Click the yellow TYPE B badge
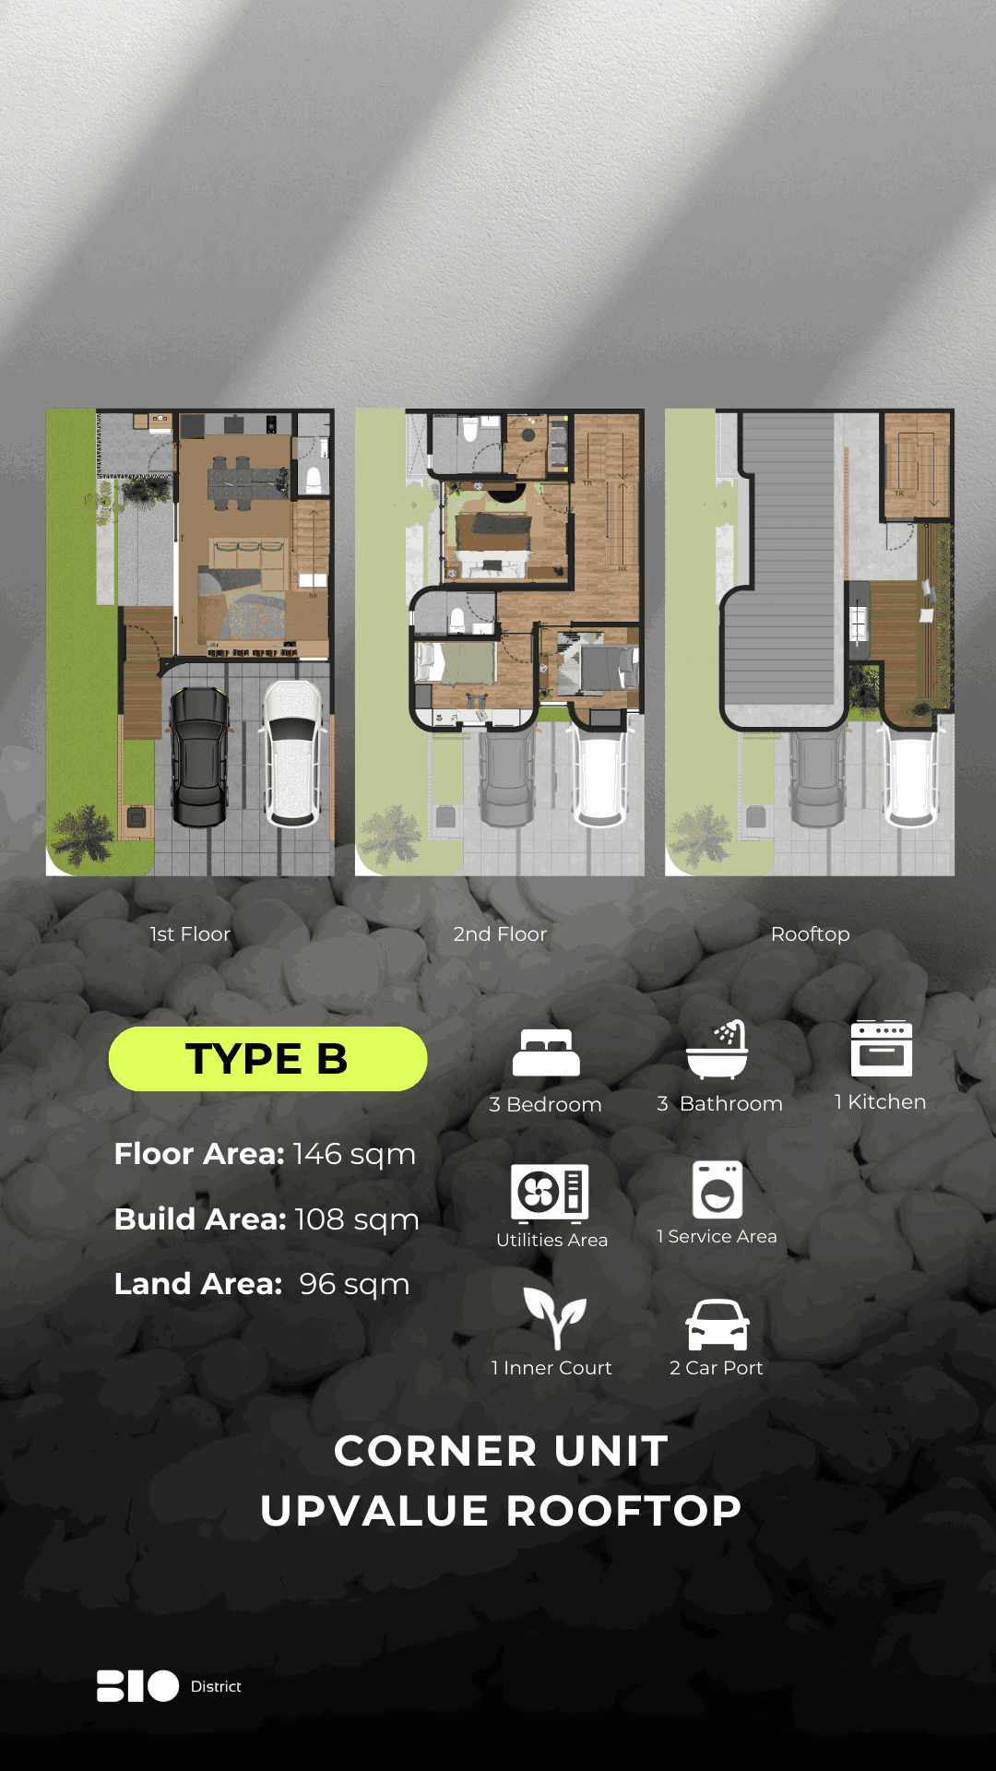click(267, 1058)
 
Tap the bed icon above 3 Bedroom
click(546, 1052)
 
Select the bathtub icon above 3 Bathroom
click(717, 1050)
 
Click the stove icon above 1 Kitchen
click(882, 1049)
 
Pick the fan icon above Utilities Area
click(550, 1192)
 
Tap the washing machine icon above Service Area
click(717, 1190)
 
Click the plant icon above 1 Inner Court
click(554, 1317)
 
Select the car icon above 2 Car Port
click(717, 1325)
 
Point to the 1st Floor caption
click(190, 934)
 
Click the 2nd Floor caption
click(500, 934)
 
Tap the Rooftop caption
click(811, 934)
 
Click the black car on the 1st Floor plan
click(199, 756)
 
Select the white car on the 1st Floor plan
click(294, 753)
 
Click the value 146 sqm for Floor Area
click(354, 1154)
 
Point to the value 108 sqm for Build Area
click(357, 1219)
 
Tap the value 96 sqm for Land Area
click(354, 1284)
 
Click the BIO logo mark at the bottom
click(137, 1686)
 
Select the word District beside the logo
click(216, 1686)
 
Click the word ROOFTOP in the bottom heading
click(624, 1511)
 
